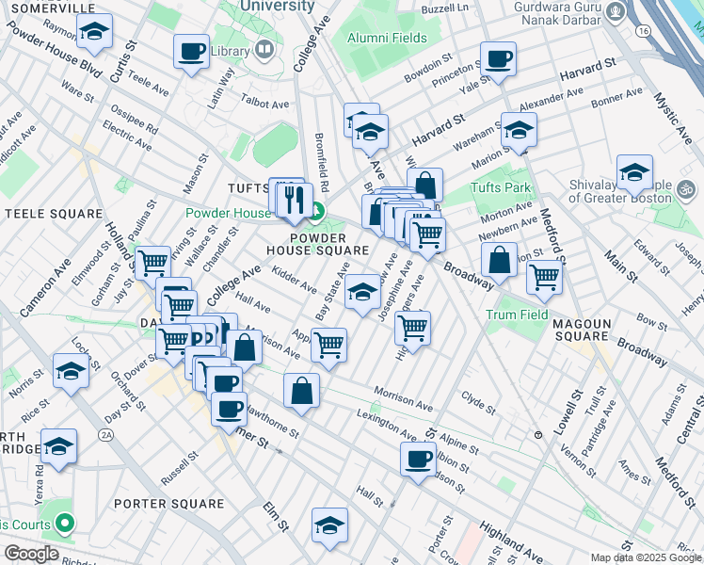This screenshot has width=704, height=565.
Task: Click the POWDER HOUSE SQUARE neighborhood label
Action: click(x=316, y=244)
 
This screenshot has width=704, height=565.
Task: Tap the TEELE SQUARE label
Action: click(x=53, y=214)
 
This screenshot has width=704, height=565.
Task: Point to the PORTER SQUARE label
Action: click(x=167, y=503)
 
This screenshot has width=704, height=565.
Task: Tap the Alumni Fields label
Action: click(x=386, y=39)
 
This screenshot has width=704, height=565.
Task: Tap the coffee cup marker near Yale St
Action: click(x=498, y=60)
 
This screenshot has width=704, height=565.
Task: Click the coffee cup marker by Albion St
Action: click(x=418, y=460)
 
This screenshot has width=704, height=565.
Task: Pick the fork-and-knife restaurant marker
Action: click(x=296, y=199)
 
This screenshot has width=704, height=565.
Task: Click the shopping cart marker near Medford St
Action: click(x=545, y=277)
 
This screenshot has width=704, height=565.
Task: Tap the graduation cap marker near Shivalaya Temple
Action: click(x=635, y=173)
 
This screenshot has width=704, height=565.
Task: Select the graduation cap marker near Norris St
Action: click(x=71, y=372)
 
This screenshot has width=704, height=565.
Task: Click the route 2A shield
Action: click(x=106, y=435)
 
